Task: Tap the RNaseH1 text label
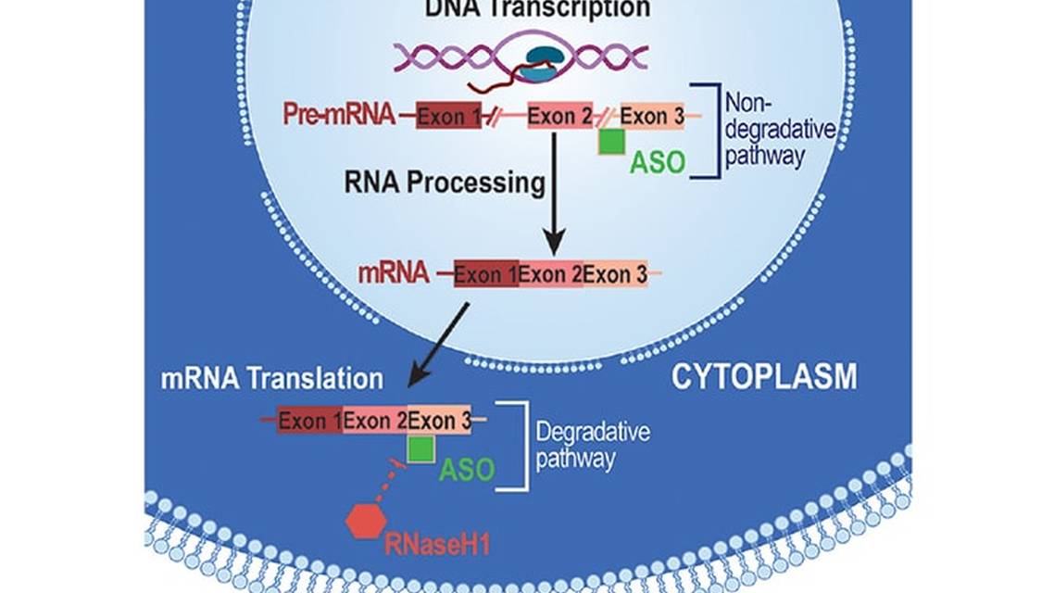tap(436, 541)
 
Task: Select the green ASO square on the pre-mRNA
tap(610, 142)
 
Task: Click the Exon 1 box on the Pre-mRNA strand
tap(448, 117)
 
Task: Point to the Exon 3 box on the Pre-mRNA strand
tap(651, 116)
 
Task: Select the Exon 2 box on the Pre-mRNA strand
tap(559, 117)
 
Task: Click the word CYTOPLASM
tap(764, 377)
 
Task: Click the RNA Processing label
tap(445, 183)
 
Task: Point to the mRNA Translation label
tap(271, 378)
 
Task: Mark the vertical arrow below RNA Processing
tap(553, 195)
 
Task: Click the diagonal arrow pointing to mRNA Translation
tap(440, 346)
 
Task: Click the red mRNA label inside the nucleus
tap(393, 272)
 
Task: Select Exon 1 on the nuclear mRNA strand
tap(485, 273)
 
